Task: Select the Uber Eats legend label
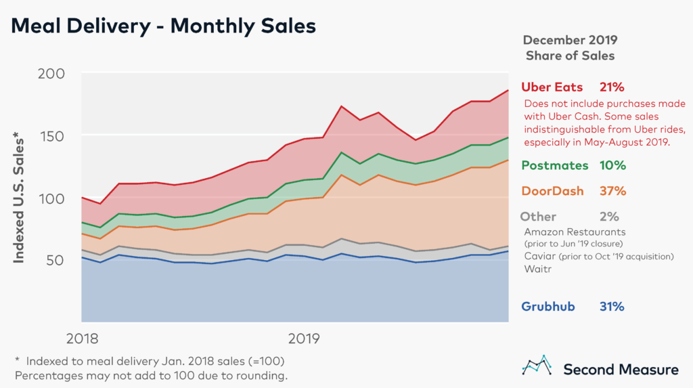[552, 87]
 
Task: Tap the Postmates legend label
[554, 165]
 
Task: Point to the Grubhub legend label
[548, 306]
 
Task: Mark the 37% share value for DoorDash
[611, 191]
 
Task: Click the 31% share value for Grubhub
[611, 306]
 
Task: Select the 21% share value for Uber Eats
[611, 87]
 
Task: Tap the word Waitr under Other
[538, 269]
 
